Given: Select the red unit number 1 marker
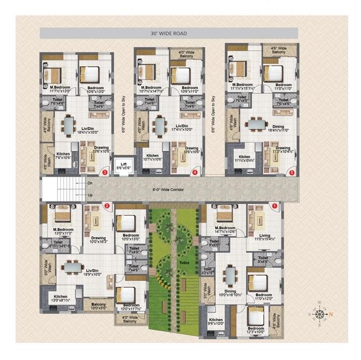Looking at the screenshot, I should coord(275,205).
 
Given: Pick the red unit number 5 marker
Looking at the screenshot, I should coord(292,173).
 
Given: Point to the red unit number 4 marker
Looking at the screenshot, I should coord(195,173).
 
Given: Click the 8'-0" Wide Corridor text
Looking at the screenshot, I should coord(166,189).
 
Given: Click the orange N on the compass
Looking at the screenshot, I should coord(331,314).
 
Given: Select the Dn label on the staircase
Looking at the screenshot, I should coord(89,183).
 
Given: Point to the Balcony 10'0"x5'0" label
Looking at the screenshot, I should coord(98,307).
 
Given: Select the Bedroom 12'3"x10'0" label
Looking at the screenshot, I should coord(256,331).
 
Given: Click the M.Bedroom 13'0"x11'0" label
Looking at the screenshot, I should coord(60,231).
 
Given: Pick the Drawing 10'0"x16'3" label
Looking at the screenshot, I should coord(98,240).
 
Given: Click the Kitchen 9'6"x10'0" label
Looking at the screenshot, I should coord(216,322).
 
